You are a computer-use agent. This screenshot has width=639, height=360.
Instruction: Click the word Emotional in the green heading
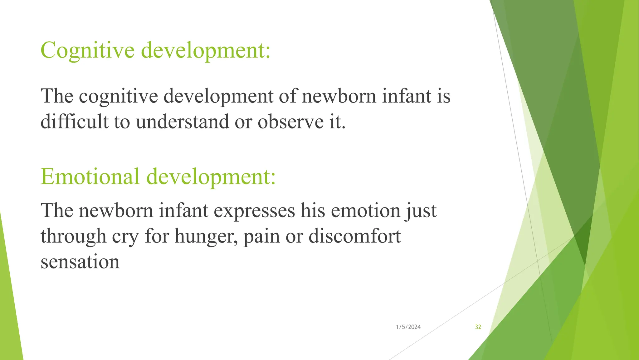click(90, 177)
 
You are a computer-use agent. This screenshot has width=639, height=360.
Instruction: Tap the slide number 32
click(478, 327)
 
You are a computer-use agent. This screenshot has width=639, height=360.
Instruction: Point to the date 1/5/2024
click(408, 327)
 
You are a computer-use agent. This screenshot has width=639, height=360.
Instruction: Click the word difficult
click(74, 122)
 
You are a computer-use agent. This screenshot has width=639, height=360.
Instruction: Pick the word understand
click(182, 122)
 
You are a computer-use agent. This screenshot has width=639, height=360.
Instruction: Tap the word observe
click(291, 122)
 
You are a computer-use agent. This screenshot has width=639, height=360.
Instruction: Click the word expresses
click(254, 211)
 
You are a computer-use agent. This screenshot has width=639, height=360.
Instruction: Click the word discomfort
click(354, 236)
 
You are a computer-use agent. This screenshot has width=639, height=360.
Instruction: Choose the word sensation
click(80, 262)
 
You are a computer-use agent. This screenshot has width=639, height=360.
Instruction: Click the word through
click(73, 236)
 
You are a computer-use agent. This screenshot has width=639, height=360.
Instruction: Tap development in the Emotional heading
click(211, 177)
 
